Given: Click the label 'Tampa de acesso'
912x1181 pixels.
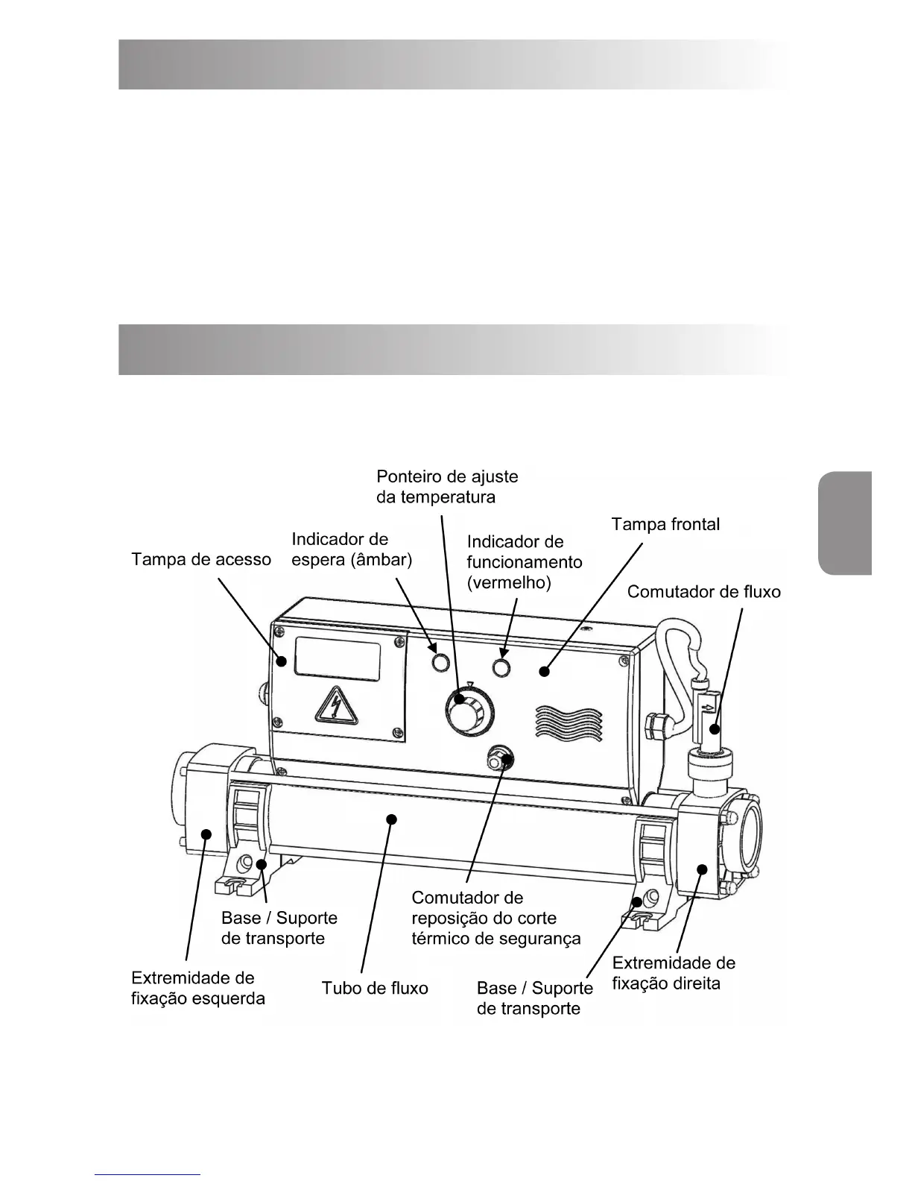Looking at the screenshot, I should pos(201,559).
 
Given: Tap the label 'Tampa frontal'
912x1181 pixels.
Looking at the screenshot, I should pos(665,524).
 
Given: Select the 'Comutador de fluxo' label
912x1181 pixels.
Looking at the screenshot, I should pos(703,592).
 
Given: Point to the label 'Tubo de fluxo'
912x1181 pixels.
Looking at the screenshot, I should pos(375,989).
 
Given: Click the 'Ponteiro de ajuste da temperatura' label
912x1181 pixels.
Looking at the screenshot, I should pos(447,486).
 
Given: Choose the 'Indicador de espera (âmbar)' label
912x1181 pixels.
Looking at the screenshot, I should pos(352,549).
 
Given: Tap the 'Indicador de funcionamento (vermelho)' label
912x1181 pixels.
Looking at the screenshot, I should pos(525,562).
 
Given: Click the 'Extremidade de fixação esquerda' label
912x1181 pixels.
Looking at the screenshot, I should pos(197,988).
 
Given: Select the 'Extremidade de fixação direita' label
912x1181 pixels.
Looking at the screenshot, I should pos(673,973).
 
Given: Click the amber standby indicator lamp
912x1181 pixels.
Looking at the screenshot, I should pos(441,661).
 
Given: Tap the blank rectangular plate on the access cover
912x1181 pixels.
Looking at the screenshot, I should pos(338,659).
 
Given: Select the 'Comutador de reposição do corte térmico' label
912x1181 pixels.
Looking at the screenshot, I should pos(495,918).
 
